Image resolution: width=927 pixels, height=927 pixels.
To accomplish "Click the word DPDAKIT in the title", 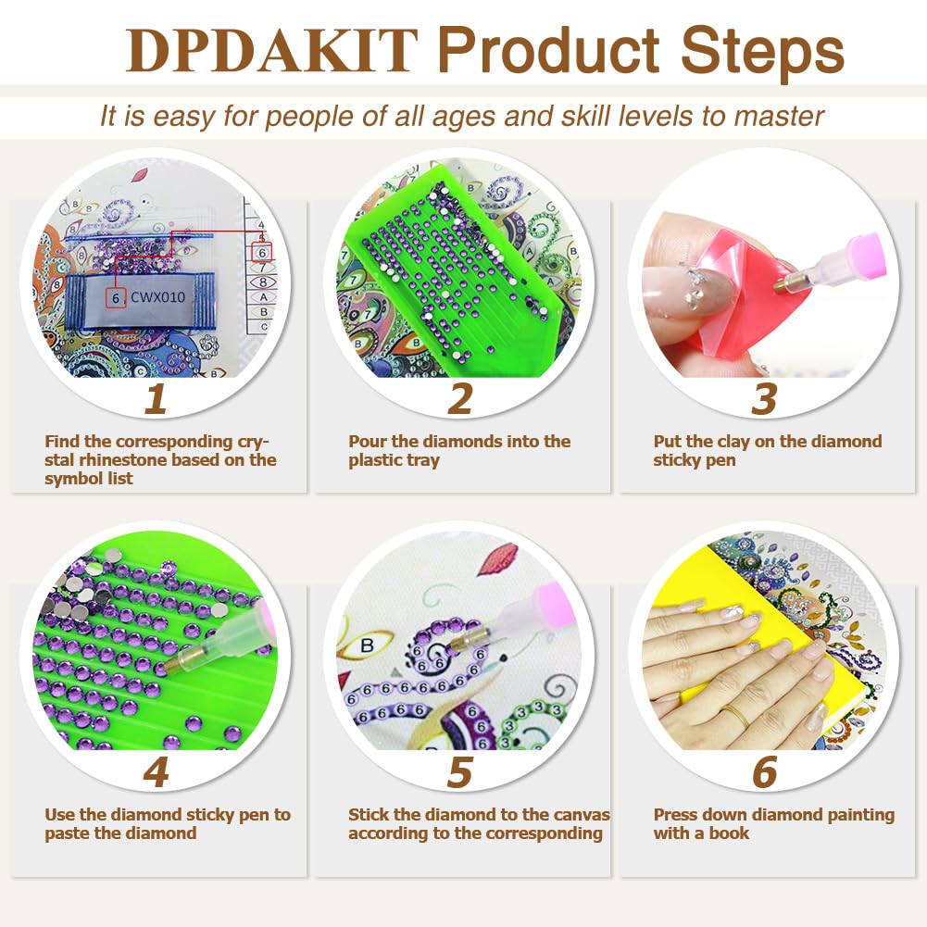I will [273, 51].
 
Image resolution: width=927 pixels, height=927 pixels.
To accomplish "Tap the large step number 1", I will [156, 399].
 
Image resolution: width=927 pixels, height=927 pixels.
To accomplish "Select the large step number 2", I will [460, 399].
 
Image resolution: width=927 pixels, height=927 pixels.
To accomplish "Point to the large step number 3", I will [764, 399].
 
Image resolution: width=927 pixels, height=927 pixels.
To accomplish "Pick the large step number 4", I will [156, 772].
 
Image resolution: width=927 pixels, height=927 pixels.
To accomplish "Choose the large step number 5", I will [460, 772].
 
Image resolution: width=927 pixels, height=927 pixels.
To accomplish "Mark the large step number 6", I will [764, 772].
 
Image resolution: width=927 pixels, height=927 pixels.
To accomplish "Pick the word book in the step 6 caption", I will [731, 833].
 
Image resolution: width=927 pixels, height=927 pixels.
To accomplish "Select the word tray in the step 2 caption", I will [422, 460].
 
